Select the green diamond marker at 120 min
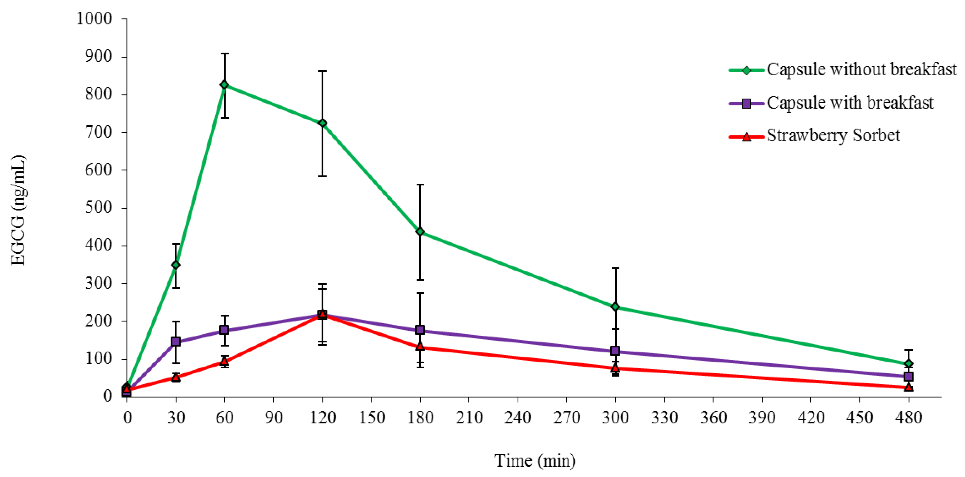click(322, 123)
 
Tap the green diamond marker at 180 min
click(420, 232)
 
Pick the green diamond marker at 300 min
click(615, 307)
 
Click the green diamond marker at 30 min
click(176, 265)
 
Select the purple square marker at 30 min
click(176, 342)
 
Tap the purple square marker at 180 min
click(420, 330)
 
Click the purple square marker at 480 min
click(908, 376)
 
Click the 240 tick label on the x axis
click(517, 417)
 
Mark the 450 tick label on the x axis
click(859, 417)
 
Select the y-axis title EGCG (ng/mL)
click(18, 210)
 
